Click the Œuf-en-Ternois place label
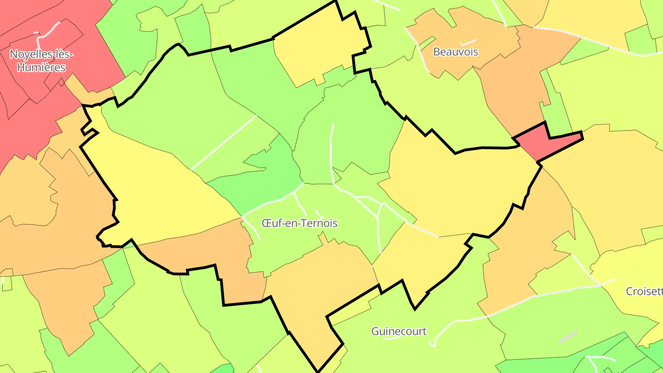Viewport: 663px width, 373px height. coord(299,223)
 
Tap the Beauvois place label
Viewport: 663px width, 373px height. coord(455,52)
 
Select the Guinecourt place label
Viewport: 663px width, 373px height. coord(399,331)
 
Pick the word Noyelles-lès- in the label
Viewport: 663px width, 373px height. coord(41,54)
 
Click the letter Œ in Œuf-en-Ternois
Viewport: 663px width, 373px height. coord(266,223)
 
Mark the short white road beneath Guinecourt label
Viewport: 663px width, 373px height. coord(391,338)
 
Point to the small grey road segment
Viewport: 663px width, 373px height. coord(567,337)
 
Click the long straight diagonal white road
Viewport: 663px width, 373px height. coord(223,142)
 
